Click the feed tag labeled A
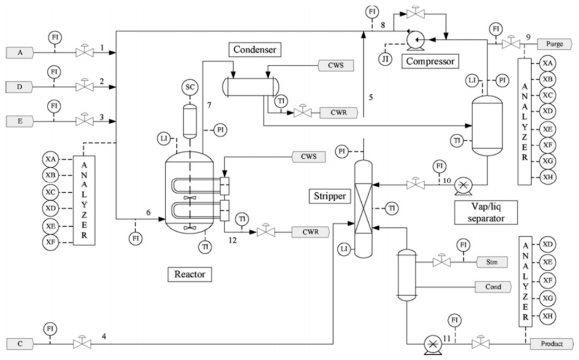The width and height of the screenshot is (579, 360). [x=20, y=53]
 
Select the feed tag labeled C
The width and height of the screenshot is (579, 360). [x=20, y=344]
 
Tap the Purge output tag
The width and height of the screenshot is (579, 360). [x=554, y=44]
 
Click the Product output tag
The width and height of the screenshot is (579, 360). [x=552, y=344]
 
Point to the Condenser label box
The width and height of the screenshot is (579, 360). [x=255, y=49]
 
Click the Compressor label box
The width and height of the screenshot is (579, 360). [x=430, y=61]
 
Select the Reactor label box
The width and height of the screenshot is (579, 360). [x=190, y=275]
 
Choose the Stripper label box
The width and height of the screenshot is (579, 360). [x=330, y=196]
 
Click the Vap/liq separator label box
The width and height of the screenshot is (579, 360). [x=486, y=213]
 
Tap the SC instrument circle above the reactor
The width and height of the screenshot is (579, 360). [x=190, y=87]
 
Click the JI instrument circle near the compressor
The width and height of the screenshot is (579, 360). [x=385, y=58]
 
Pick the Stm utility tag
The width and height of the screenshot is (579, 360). [x=492, y=262]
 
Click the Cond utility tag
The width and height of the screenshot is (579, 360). [x=493, y=287]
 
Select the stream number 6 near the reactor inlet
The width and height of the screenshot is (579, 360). [x=148, y=212]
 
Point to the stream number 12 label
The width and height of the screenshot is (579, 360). [x=232, y=241]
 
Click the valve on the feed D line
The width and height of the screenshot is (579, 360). [x=84, y=86]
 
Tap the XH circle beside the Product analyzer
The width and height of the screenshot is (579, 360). [x=548, y=316]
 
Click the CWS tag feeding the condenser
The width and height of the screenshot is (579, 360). [x=336, y=65]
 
